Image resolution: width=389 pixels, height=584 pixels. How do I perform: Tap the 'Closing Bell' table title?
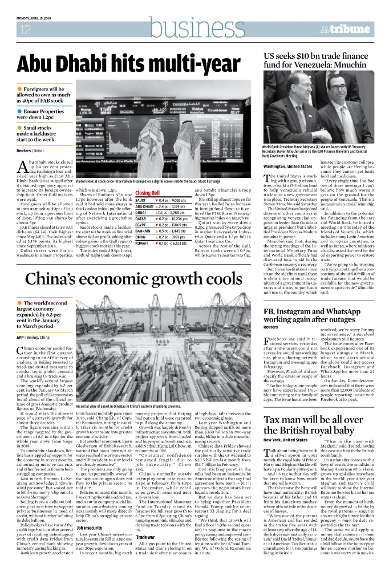[x=147, y=193]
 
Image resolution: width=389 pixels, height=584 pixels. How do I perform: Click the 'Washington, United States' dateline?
[x=287, y=166]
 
